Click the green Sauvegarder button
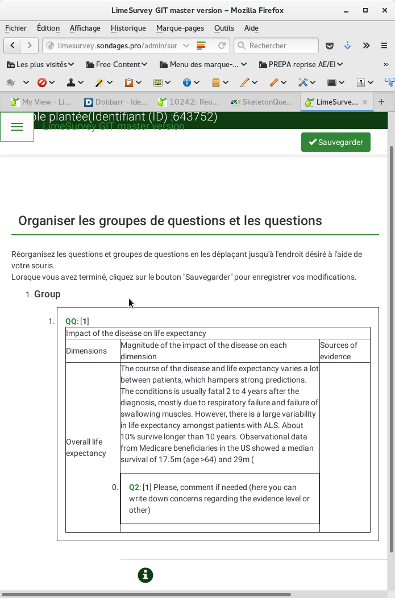click(335, 142)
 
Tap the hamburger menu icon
click(17, 127)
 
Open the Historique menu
click(128, 28)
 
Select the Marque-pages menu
click(180, 28)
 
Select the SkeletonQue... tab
click(263, 102)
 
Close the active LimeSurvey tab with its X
click(365, 102)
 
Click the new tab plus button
click(381, 102)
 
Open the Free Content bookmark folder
click(117, 64)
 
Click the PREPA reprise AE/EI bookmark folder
click(301, 64)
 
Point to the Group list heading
click(47, 294)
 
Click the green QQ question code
click(71, 321)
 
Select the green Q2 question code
click(134, 487)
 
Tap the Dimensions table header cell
click(86, 351)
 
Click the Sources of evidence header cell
click(339, 351)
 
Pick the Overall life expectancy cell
click(85, 447)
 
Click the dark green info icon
click(145, 575)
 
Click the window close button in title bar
click(383, 10)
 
